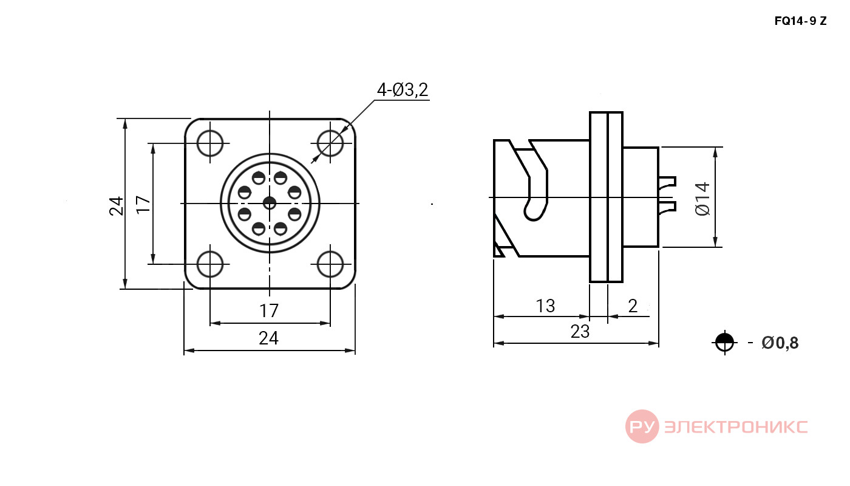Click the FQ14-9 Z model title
coord(800,21)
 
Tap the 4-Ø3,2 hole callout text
coord(403,90)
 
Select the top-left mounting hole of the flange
coord(210,143)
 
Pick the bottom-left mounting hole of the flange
coord(210,264)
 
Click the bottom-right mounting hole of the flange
coord(330,264)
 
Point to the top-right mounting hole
coord(330,143)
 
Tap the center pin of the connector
coord(270,203)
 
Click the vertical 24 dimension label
coord(117,206)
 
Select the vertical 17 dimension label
coord(143,205)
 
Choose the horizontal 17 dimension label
coord(269,311)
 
